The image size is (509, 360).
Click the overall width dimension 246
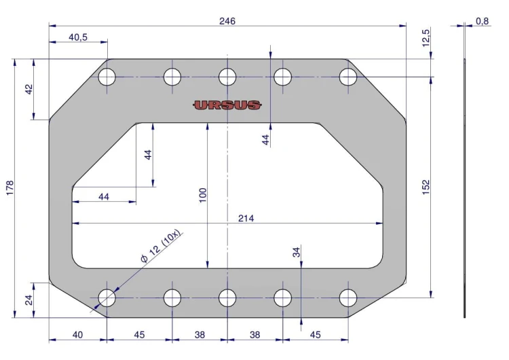point(227,21)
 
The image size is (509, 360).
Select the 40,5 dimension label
point(78,37)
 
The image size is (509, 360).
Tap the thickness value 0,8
point(482,21)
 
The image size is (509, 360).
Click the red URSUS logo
point(227,105)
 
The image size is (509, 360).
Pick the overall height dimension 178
point(10,188)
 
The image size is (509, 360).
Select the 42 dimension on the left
point(29,89)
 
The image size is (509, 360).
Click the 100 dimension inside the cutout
point(202,195)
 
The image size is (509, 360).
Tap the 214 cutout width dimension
point(246,218)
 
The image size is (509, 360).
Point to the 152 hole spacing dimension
point(426,186)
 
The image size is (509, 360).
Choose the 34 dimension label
point(296,252)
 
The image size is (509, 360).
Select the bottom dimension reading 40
point(77,334)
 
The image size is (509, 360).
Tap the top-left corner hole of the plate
point(107,77)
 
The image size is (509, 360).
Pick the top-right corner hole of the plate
point(348,77)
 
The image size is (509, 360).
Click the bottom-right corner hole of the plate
point(348,298)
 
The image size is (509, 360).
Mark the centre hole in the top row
point(227,77)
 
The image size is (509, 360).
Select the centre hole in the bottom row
point(227,298)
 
